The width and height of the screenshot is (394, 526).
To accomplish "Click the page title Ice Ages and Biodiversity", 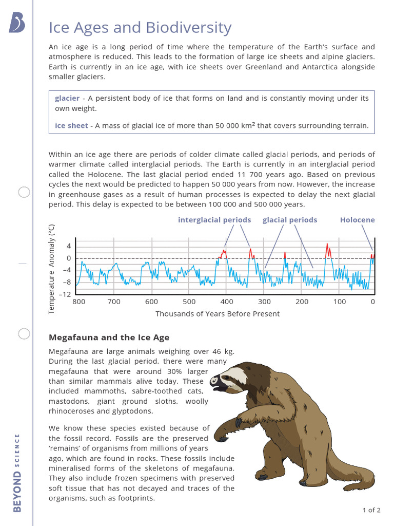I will click(x=140, y=28).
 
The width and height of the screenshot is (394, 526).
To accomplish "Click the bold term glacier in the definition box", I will click(x=67, y=98).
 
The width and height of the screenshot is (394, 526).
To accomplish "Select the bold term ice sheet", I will click(x=71, y=125).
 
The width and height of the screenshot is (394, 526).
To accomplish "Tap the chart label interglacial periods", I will click(x=214, y=220).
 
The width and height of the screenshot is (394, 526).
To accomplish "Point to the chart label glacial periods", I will click(x=290, y=220).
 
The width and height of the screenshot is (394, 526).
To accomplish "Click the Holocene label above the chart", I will click(x=357, y=220).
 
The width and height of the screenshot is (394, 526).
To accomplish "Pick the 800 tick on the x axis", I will click(x=79, y=302).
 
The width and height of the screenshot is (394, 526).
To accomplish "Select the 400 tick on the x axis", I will click(x=227, y=302).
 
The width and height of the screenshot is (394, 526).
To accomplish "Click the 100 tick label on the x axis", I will click(x=340, y=302).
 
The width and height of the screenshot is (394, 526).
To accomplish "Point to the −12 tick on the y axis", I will click(x=65, y=294).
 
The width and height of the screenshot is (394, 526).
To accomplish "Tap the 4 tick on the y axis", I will click(x=68, y=246).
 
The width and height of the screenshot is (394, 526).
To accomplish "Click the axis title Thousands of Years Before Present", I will click(x=218, y=314).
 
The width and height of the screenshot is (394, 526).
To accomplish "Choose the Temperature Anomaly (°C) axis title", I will click(x=52, y=269).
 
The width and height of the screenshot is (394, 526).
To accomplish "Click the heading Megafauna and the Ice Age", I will click(x=109, y=337).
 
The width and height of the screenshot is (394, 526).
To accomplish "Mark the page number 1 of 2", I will click(x=371, y=510).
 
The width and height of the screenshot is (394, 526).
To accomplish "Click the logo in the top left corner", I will click(x=16, y=23).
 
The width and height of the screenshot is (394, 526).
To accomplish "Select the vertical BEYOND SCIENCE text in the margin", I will click(x=17, y=473).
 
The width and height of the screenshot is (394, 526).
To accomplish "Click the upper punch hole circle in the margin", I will click(x=24, y=193).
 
